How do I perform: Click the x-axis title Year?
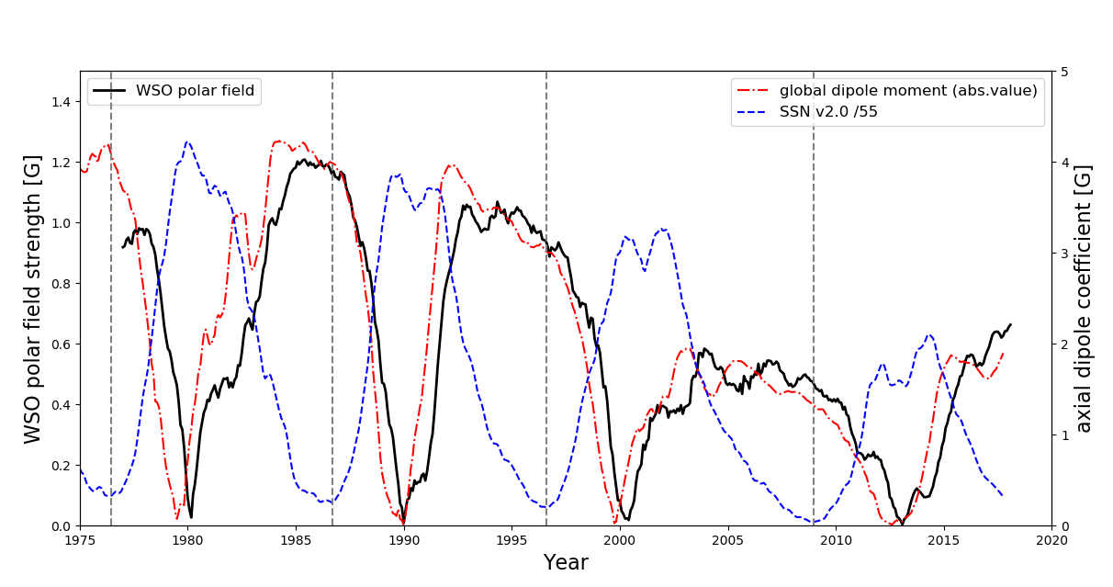coord(566,563)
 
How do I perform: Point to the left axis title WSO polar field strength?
coord(34,299)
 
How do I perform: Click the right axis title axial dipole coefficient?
coord(1085,299)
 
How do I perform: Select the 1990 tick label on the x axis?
coord(404,540)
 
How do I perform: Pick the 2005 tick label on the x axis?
coord(728,540)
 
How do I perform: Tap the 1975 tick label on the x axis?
coord(80,540)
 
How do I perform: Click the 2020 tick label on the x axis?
coord(1051,540)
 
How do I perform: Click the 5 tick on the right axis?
coord(1063,72)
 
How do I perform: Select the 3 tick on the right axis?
coord(1063,254)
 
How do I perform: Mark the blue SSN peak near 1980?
coord(187,141)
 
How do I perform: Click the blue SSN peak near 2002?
coord(662,229)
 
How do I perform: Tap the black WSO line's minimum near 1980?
coord(191,517)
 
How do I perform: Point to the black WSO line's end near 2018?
coord(1011,323)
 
